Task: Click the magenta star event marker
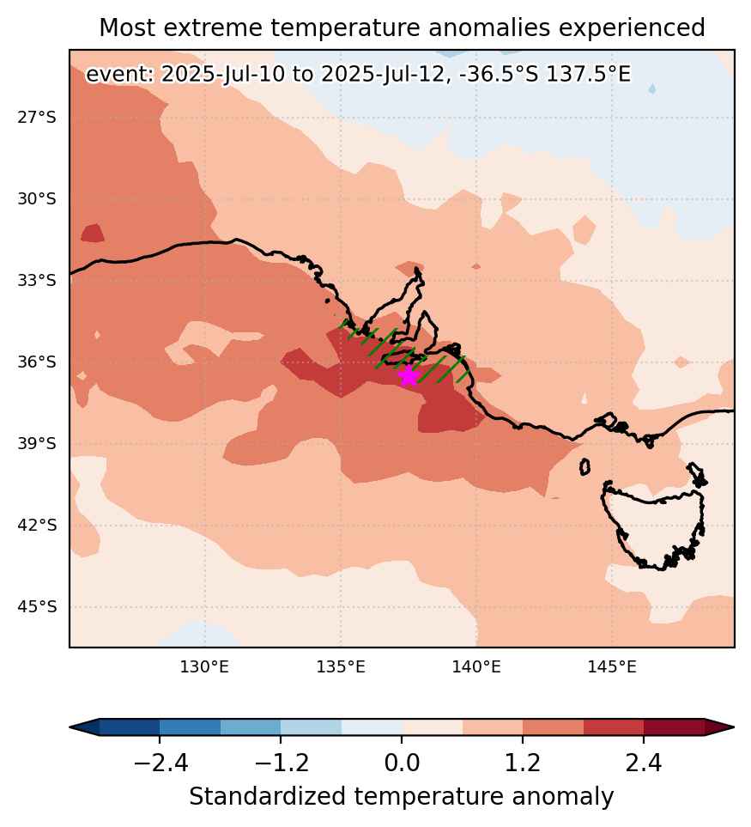tap(409, 375)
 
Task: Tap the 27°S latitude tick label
tap(36, 117)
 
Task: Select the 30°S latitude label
tap(36, 199)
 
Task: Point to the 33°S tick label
tap(36, 280)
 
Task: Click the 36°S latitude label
tap(36, 362)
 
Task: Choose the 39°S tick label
tap(36, 444)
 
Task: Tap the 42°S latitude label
tap(36, 526)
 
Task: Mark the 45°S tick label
tap(36, 607)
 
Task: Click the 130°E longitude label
tap(204, 667)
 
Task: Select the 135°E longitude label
tap(341, 667)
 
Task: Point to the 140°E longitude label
tap(476, 667)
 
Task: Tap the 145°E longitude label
tap(613, 667)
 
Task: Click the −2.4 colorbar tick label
tap(160, 763)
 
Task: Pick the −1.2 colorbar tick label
tap(281, 763)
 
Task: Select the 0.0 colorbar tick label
tap(402, 763)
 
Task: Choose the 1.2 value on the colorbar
tap(523, 763)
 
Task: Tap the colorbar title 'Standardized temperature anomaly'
tap(402, 797)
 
